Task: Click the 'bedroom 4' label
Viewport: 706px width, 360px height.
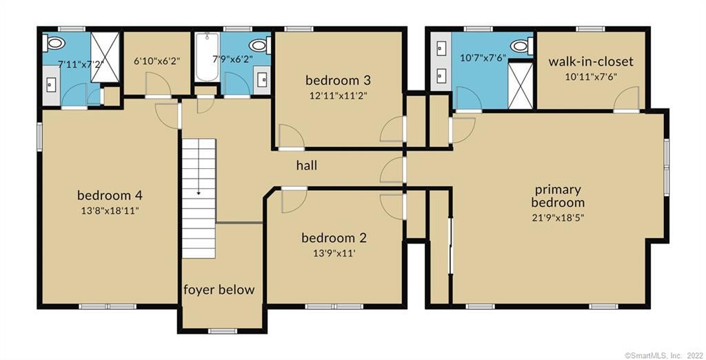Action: [x=110, y=194]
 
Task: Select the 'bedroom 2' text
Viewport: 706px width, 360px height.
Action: [x=334, y=238]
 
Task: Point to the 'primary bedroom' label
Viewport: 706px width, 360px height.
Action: [x=558, y=196]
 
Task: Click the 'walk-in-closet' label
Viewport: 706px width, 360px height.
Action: [x=591, y=62]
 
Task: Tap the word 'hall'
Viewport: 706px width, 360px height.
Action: [x=306, y=166]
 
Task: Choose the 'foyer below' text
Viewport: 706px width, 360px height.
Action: [x=219, y=290]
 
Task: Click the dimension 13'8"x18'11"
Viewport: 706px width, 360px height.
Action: [x=110, y=210]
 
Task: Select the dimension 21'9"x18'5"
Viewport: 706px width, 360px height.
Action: [x=558, y=217]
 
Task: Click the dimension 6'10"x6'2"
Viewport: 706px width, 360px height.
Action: [x=157, y=61]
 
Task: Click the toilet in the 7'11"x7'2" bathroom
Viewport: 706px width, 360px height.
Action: [x=54, y=43]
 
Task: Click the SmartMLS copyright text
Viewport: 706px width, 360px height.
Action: [x=663, y=355]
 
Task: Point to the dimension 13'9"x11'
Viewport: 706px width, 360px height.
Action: [x=334, y=253]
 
